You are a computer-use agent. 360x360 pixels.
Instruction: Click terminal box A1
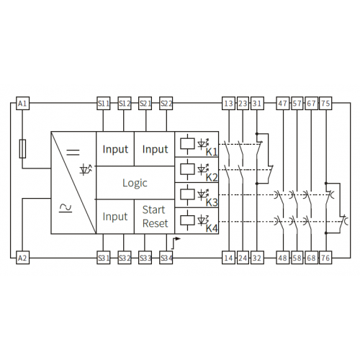pyautogui.click(x=22, y=104)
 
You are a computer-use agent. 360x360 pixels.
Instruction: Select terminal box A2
pyautogui.click(x=22, y=258)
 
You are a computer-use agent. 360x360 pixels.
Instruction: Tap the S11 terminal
pyautogui.click(x=104, y=104)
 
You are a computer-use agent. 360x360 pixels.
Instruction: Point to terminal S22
pyautogui.click(x=166, y=104)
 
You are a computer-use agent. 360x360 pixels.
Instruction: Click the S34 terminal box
pyautogui.click(x=166, y=258)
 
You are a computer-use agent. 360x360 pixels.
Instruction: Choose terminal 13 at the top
pyautogui.click(x=228, y=104)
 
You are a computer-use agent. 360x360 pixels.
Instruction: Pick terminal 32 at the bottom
pyautogui.click(x=257, y=258)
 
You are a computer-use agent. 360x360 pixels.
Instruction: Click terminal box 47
pyautogui.click(x=283, y=104)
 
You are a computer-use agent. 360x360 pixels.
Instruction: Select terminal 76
pyautogui.click(x=325, y=258)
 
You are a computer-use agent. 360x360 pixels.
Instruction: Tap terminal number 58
pyautogui.click(x=297, y=258)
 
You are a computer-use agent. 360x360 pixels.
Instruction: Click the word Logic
pyautogui.click(x=135, y=183)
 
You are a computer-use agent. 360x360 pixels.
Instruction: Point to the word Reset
pyautogui.click(x=156, y=223)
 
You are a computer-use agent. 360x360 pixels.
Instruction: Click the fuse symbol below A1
pyautogui.click(x=22, y=149)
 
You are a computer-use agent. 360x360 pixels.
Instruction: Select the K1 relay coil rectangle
pyautogui.click(x=187, y=144)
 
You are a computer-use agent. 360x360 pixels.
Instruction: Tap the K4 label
pyautogui.click(x=212, y=228)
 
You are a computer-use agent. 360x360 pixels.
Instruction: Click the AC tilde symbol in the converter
pyautogui.click(x=66, y=208)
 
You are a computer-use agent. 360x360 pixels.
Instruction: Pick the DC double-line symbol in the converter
pyautogui.click(x=73, y=152)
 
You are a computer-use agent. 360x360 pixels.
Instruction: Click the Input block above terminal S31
pyautogui.click(x=115, y=217)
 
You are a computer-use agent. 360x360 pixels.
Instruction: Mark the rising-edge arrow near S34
pyautogui.click(x=176, y=243)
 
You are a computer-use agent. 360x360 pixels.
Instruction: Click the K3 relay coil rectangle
pyautogui.click(x=187, y=194)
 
